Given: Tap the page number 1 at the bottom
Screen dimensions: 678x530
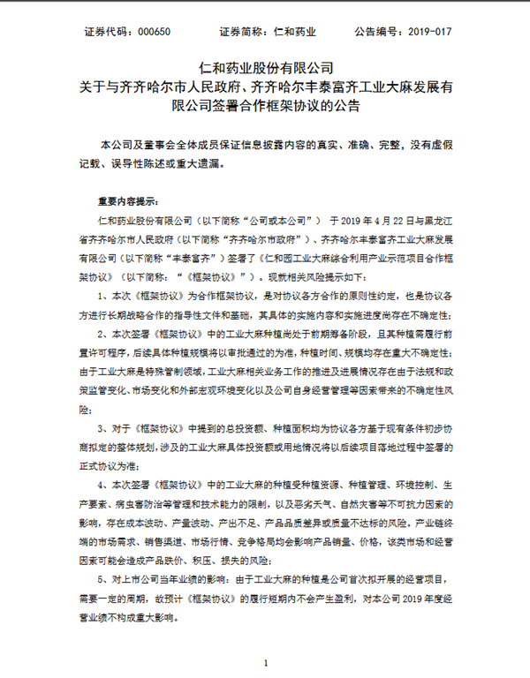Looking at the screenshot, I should click(264, 662).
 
